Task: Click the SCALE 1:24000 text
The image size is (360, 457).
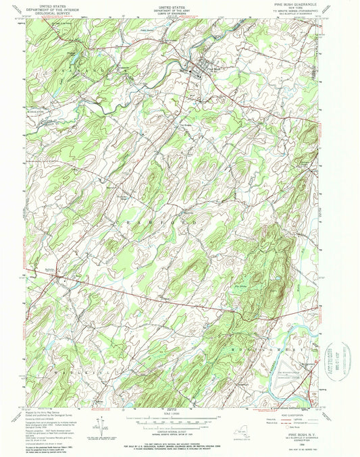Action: tap(180, 414)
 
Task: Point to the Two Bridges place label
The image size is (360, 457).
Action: tap(188, 124)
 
